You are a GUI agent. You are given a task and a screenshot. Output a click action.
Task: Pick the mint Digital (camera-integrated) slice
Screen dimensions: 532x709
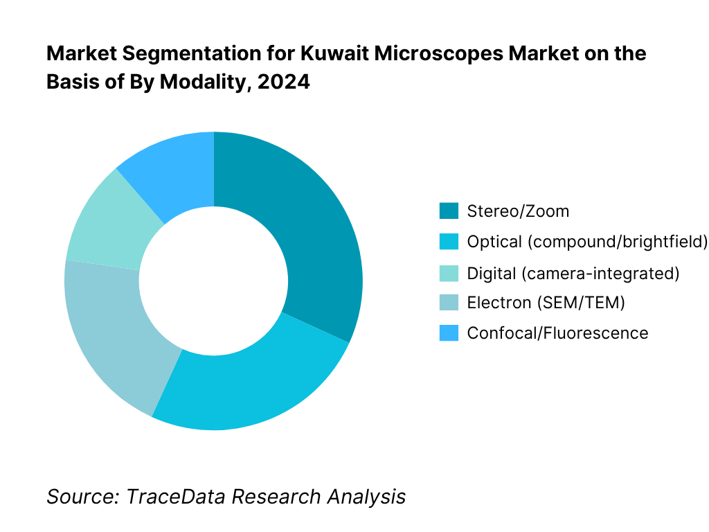point(104,222)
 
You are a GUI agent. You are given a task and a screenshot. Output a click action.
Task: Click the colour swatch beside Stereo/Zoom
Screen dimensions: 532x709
point(449,211)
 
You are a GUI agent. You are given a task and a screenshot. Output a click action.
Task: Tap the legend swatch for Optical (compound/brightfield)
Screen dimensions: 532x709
point(449,242)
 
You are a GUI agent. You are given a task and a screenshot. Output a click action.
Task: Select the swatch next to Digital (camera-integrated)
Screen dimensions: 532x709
point(449,272)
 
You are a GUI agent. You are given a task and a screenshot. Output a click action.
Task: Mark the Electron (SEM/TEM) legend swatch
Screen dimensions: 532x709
point(449,303)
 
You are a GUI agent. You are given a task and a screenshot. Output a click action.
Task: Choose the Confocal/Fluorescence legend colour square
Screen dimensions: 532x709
point(449,333)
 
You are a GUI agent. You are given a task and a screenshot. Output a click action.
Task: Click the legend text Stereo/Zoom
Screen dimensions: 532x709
point(518,211)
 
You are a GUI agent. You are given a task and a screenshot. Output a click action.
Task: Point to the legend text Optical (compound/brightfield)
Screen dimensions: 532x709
point(587,242)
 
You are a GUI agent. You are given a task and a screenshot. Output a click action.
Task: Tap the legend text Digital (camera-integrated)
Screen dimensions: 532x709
point(573,272)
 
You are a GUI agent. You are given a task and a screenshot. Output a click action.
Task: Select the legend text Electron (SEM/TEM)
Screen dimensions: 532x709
point(546,303)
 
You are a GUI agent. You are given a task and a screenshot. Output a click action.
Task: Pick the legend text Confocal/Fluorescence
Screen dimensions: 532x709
point(557,333)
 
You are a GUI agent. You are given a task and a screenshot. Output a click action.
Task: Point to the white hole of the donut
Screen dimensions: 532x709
point(213,281)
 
